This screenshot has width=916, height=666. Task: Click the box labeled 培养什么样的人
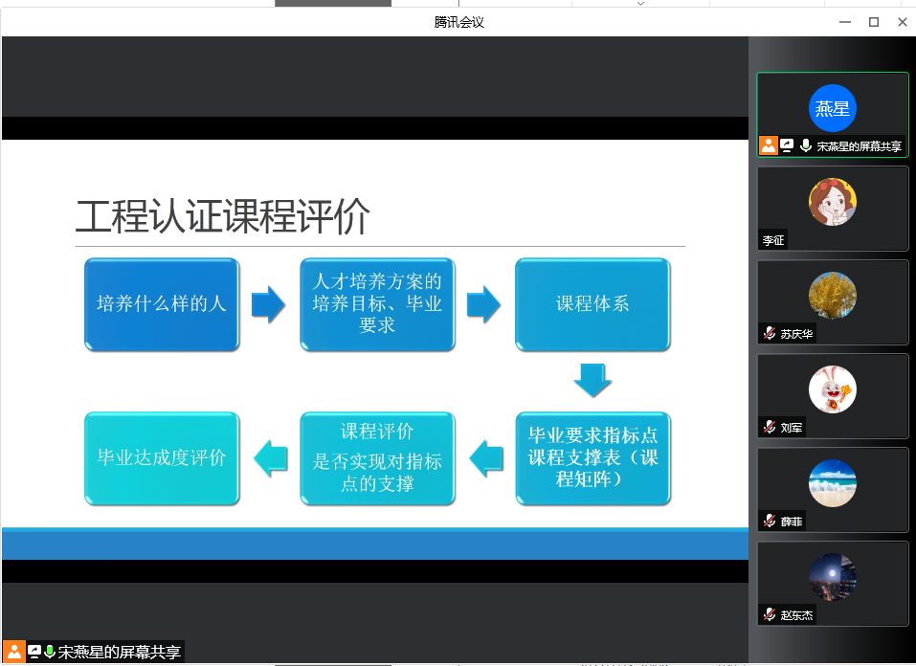click(x=162, y=304)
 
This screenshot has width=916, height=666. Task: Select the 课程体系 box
click(x=592, y=304)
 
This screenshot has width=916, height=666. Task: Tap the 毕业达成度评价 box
click(x=162, y=458)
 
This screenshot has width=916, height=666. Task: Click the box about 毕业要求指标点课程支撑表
click(x=592, y=458)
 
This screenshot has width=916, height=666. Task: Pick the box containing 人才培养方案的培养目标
click(x=377, y=304)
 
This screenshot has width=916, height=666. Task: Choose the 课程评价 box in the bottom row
click(x=377, y=458)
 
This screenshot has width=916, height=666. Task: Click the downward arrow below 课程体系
click(x=592, y=380)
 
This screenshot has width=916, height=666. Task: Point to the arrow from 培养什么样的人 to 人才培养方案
click(x=268, y=304)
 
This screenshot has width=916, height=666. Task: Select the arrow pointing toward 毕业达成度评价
click(x=271, y=458)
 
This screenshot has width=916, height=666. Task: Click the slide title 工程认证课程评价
click(x=223, y=216)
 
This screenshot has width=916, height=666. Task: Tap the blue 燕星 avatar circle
click(x=833, y=108)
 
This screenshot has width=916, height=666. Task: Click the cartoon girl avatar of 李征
click(x=833, y=202)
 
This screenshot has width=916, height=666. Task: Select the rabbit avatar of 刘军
click(x=833, y=389)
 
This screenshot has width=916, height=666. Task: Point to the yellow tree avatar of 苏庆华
click(x=833, y=296)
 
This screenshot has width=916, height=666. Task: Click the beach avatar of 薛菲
click(x=833, y=484)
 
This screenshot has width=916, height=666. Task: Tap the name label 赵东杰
click(x=796, y=615)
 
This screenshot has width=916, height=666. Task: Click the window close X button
click(x=902, y=22)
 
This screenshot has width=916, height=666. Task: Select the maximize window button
click(x=874, y=22)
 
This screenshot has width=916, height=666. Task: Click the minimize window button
click(x=845, y=22)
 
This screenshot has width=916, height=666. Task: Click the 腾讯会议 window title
click(x=458, y=22)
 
